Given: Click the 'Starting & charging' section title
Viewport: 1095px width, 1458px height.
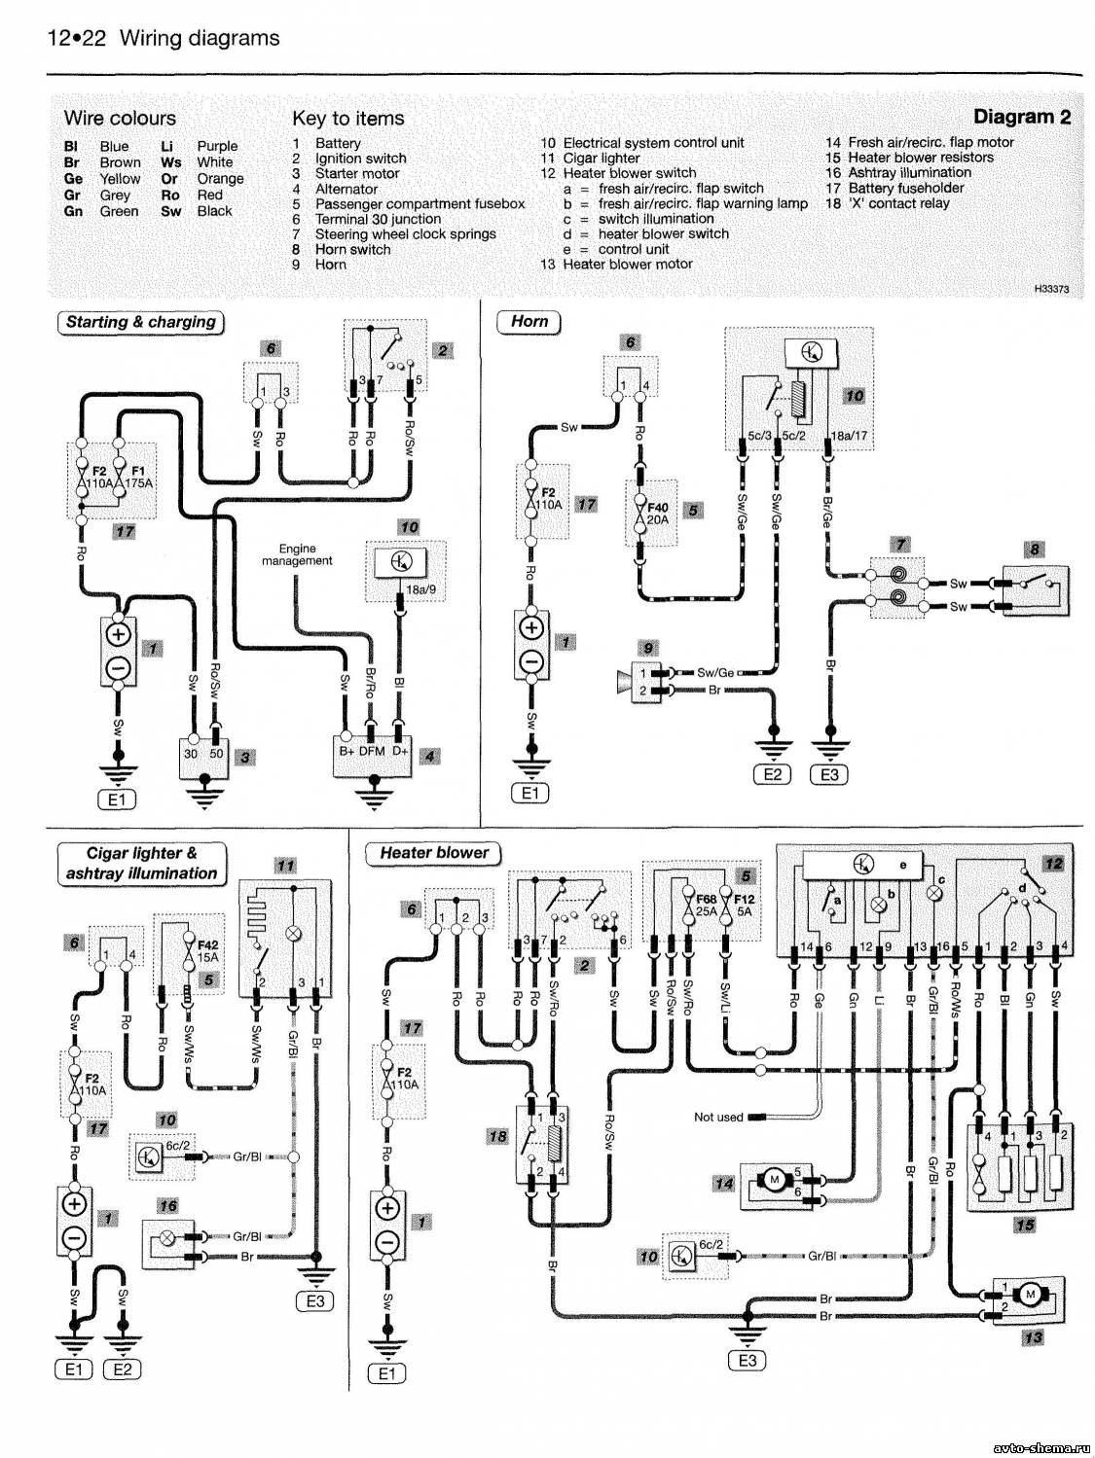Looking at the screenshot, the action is pyautogui.click(x=141, y=322).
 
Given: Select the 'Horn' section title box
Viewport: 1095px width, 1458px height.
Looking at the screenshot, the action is pyautogui.click(x=529, y=322).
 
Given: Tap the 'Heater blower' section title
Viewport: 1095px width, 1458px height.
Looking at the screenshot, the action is pyautogui.click(x=434, y=853).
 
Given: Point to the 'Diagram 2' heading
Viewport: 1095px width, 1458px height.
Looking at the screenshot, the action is pyautogui.click(x=1022, y=117).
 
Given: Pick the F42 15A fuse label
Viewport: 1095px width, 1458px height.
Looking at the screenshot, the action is pyautogui.click(x=206, y=950).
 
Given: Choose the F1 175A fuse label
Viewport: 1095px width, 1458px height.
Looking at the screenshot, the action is pyautogui.click(x=138, y=477).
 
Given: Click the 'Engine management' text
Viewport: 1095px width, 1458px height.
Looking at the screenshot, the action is pyautogui.click(x=297, y=554).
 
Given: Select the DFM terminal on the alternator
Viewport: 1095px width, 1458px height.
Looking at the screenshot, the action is pyautogui.click(x=372, y=751).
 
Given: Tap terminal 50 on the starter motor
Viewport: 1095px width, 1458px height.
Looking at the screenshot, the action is pyautogui.click(x=216, y=754).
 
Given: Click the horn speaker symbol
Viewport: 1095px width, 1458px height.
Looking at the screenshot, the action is pyautogui.click(x=625, y=680).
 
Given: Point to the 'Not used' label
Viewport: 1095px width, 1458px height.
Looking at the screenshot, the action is pyautogui.click(x=718, y=1117).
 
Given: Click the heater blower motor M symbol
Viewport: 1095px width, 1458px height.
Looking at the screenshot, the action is pyautogui.click(x=1031, y=1294).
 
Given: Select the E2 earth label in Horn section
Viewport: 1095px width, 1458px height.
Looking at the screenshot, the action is pyautogui.click(x=773, y=774).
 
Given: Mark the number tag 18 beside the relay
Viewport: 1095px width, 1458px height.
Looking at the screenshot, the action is pyautogui.click(x=498, y=1136).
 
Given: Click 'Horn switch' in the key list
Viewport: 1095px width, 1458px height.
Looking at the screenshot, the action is pyautogui.click(x=352, y=250).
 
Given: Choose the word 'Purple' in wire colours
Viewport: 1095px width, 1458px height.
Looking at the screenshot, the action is pyautogui.click(x=217, y=146).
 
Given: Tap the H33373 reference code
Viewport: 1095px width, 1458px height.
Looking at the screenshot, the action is pyautogui.click(x=1051, y=289).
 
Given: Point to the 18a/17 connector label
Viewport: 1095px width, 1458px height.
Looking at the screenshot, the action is pyautogui.click(x=849, y=437).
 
